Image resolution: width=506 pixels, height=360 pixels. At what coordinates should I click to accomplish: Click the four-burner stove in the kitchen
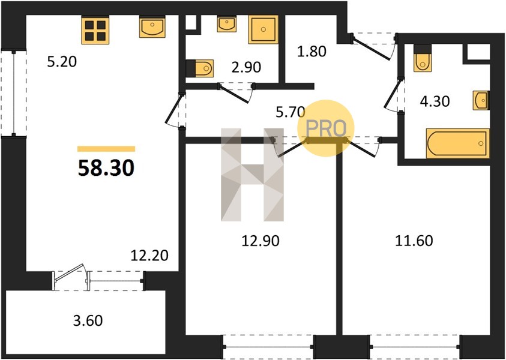click(x=95, y=30)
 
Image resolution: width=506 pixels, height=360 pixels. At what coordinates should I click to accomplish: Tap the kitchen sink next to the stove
click(x=152, y=27)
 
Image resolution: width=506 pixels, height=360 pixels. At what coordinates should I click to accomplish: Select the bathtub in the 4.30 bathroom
click(x=457, y=143)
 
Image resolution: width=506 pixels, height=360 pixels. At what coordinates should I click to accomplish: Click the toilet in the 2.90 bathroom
click(x=200, y=68)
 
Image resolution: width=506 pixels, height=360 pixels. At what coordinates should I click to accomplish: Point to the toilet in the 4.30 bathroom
click(x=422, y=58)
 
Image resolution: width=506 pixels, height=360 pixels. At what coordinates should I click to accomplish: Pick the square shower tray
click(x=264, y=29)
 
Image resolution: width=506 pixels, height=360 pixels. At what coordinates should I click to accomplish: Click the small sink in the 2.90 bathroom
click(x=226, y=24)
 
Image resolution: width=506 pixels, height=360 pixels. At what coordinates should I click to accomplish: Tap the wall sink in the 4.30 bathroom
click(x=481, y=100)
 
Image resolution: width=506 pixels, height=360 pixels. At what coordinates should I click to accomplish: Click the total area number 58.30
click(x=106, y=168)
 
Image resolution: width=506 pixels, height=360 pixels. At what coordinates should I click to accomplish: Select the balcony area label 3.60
click(x=88, y=320)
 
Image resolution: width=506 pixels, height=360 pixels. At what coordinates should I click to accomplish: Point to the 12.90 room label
click(x=261, y=241)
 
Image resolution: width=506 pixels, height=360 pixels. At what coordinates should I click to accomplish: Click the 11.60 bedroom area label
click(x=414, y=241)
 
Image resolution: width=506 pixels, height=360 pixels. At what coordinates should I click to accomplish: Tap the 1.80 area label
click(x=312, y=51)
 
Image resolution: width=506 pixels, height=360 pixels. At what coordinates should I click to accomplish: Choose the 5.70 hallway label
click(x=290, y=112)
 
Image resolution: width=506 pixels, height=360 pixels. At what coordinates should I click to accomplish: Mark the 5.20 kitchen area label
click(x=62, y=61)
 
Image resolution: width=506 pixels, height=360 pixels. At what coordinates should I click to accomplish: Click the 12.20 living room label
click(x=149, y=256)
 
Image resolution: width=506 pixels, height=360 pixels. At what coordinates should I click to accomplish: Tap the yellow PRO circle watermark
click(x=326, y=128)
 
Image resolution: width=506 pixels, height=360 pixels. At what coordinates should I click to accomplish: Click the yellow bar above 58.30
click(x=106, y=149)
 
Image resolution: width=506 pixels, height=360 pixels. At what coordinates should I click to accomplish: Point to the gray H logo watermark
click(x=252, y=175)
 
